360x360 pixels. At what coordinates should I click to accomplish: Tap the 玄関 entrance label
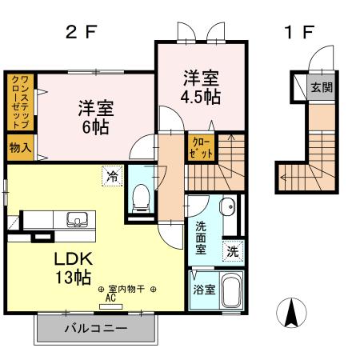point(321,87)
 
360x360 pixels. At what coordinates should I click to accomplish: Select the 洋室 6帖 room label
point(94,117)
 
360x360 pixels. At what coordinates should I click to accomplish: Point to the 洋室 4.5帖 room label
point(201,88)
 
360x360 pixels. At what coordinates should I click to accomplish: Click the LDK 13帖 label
point(74,267)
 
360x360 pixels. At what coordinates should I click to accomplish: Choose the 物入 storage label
point(20,147)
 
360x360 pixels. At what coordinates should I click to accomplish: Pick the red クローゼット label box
point(197,147)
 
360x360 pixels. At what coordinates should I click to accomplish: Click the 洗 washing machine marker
point(231,250)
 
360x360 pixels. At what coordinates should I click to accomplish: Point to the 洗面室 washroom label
point(201,237)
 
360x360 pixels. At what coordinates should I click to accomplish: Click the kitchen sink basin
point(78,218)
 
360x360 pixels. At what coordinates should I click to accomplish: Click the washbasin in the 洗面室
point(227,206)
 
